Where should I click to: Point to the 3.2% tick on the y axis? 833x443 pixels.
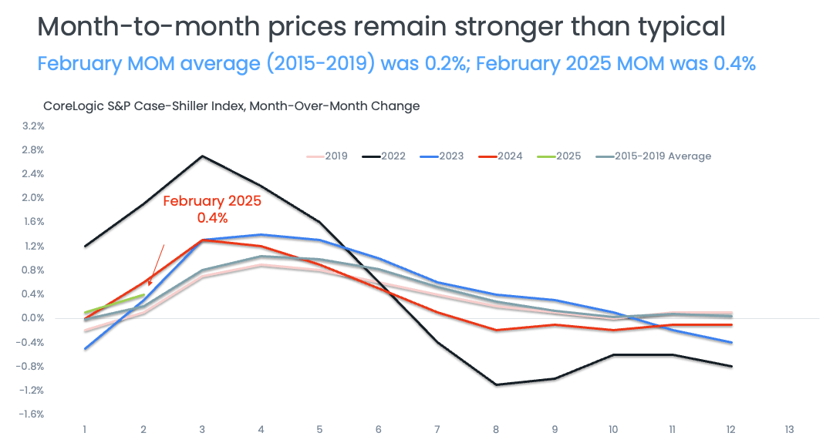pos(32,126)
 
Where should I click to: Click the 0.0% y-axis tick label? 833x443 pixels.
pos(32,318)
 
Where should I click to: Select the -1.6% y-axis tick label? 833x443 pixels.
pos(31,414)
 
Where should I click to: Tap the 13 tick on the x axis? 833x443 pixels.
pos(788,429)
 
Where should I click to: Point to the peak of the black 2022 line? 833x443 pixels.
pos(202,156)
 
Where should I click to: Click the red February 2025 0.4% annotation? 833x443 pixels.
pos(212,209)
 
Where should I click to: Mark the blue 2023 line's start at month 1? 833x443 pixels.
pos(85,348)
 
